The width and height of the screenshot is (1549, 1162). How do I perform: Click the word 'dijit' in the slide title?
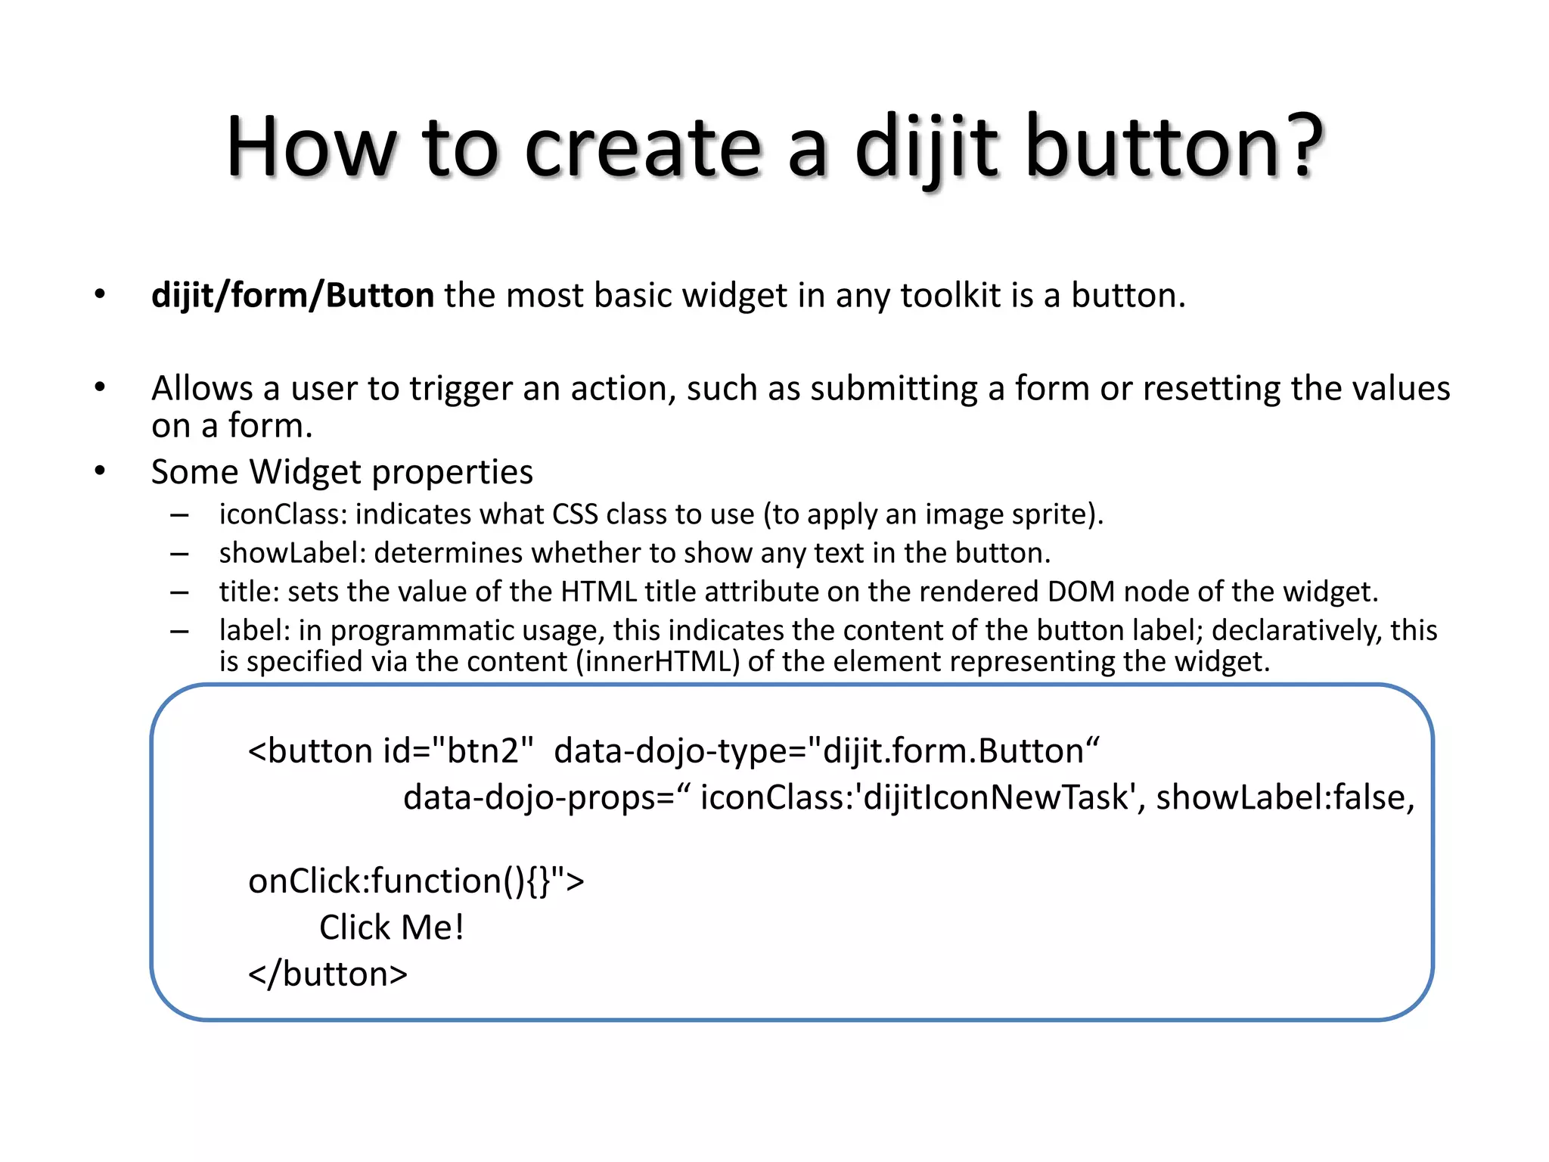click(x=927, y=147)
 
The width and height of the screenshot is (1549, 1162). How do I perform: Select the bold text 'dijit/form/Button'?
click(x=293, y=295)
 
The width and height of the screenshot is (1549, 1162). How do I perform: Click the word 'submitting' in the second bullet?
click(x=894, y=389)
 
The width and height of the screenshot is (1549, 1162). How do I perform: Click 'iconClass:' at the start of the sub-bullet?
click(x=283, y=514)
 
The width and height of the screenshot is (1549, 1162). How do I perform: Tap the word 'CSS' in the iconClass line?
click(x=576, y=514)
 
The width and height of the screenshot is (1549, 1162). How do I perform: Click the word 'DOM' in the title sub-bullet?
click(x=1081, y=592)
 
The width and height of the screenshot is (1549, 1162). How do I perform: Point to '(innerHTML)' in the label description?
click(x=657, y=662)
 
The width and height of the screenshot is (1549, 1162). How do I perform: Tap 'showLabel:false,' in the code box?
click(x=1285, y=797)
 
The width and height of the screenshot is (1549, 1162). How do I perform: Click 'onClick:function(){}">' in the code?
click(x=416, y=881)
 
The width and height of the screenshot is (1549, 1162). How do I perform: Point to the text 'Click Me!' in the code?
click(x=391, y=927)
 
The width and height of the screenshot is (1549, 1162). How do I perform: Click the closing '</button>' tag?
click(x=327, y=974)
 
